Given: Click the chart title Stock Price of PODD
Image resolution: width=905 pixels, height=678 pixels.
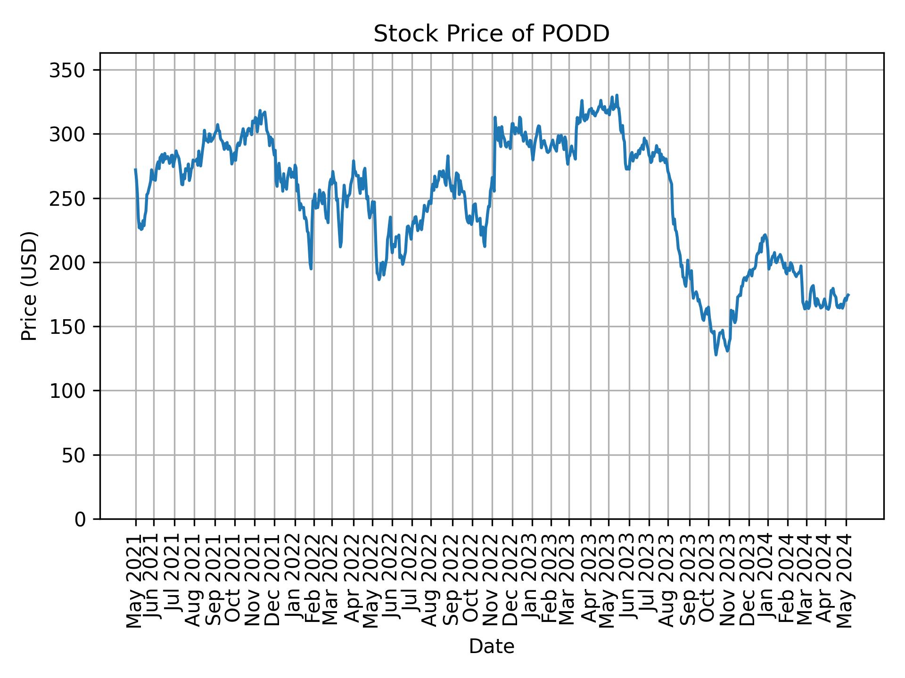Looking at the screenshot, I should (491, 34).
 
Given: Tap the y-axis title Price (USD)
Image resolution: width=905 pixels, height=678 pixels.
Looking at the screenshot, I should (29, 286).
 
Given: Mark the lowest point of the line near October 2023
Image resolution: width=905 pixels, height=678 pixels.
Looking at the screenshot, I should (716, 355).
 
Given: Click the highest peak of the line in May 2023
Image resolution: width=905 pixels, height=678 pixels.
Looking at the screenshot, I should (617, 95).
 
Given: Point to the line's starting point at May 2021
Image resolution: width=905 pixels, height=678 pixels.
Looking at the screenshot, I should (135, 169).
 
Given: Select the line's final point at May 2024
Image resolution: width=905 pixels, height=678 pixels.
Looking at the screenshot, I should (848, 295).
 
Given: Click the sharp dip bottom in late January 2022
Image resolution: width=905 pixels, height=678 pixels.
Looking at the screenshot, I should (311, 268).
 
